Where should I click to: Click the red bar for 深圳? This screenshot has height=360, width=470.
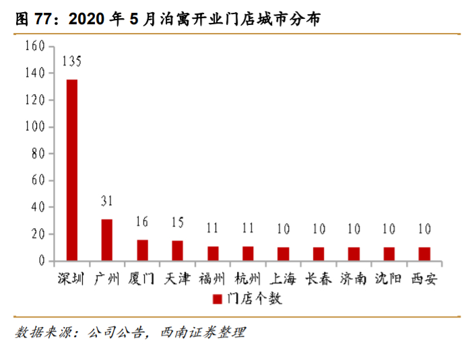(x=71, y=170)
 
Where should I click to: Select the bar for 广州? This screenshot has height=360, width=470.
(x=107, y=240)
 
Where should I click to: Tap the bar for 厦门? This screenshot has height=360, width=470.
(x=142, y=250)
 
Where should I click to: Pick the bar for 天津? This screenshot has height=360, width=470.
(x=177, y=250)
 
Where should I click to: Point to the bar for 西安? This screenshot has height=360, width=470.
(x=424, y=254)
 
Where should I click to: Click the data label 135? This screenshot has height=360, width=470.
(x=71, y=62)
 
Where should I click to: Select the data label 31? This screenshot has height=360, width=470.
(x=107, y=202)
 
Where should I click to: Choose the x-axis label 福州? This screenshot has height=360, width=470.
(x=212, y=279)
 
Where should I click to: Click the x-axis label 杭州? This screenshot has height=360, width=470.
(x=248, y=279)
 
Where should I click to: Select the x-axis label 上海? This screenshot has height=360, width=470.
(x=283, y=279)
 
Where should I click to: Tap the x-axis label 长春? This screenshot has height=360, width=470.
(x=318, y=279)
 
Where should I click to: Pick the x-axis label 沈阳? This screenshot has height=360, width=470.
(x=389, y=279)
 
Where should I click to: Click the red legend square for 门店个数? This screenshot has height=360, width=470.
(x=217, y=299)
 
